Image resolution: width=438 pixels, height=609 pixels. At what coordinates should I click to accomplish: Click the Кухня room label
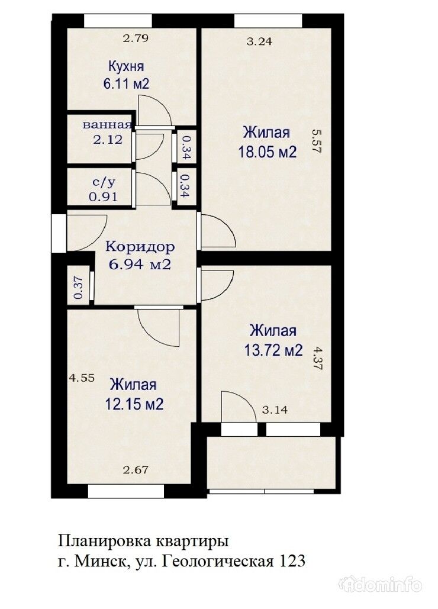pyautogui.click(x=125, y=66)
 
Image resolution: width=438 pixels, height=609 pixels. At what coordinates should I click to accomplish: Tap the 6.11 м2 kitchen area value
pyautogui.click(x=125, y=83)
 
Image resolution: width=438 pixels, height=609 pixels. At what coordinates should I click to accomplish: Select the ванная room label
pyautogui.click(x=107, y=125)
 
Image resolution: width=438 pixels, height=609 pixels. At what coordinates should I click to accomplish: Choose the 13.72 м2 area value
pyautogui.click(x=273, y=350)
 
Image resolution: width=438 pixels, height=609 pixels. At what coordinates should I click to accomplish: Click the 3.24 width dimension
pyautogui.click(x=259, y=41)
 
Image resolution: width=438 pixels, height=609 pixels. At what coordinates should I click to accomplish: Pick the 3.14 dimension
pyautogui.click(x=274, y=409)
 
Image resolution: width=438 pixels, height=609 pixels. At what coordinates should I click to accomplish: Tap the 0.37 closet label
pyautogui.click(x=78, y=288)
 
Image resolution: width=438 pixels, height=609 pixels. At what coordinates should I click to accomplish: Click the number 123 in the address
pyautogui.click(x=292, y=560)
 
